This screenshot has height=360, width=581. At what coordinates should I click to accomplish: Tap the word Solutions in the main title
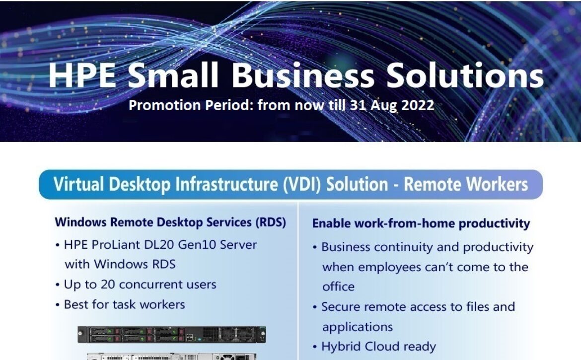tap(465, 75)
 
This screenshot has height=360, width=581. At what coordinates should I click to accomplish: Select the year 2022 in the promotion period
tap(418, 105)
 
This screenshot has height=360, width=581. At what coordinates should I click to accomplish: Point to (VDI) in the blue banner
tap(302, 184)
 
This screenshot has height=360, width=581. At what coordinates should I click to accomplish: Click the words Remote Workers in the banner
tap(466, 184)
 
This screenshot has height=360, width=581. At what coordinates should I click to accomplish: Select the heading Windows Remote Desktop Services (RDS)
tap(170, 222)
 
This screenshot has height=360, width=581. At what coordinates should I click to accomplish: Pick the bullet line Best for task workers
tap(120, 304)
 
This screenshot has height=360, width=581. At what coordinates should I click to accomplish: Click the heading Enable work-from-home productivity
tap(421, 224)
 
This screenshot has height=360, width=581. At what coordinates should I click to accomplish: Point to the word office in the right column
tap(338, 287)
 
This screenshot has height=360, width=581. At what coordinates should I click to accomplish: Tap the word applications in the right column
tap(358, 327)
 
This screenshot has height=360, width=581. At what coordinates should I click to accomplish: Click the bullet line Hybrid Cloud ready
tap(374, 347)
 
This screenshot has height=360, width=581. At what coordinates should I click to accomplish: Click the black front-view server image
tap(171, 335)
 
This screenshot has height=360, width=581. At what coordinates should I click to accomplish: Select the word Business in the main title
tap(303, 75)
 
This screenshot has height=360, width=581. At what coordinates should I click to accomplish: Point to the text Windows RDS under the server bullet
tap(135, 265)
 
